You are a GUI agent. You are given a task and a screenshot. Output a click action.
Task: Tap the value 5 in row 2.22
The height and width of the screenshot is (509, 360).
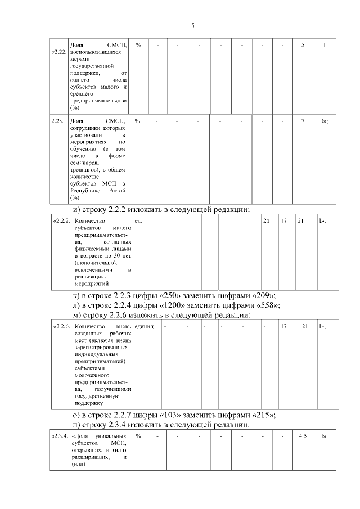303,44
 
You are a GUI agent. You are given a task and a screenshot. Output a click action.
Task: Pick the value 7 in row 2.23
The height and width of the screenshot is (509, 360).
303,121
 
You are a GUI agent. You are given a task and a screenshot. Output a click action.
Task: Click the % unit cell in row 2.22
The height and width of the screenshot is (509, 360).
138,44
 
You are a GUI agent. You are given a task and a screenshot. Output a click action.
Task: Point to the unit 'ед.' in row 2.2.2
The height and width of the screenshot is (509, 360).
139,221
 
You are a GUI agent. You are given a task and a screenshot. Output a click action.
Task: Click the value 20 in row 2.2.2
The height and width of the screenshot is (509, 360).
266,221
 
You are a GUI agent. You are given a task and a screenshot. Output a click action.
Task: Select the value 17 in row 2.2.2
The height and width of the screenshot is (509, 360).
284,221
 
